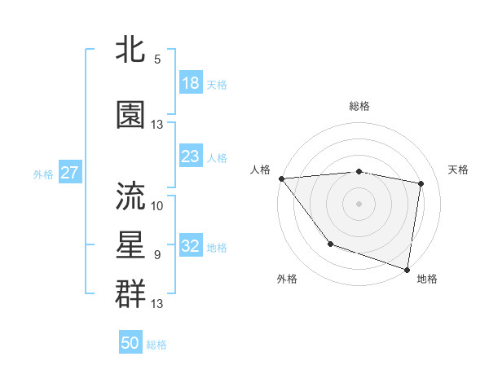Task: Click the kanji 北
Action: (x=131, y=50)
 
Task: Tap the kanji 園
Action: (x=131, y=115)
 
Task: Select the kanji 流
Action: (x=131, y=196)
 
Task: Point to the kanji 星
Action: (x=131, y=244)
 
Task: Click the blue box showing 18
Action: (x=191, y=83)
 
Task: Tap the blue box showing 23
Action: (x=191, y=156)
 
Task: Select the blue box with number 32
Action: (x=191, y=246)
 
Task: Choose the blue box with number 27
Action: (x=70, y=173)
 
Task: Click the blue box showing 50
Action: (x=130, y=343)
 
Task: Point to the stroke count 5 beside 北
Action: (x=157, y=59)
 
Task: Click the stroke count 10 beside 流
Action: (x=157, y=205)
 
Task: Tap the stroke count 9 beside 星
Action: (x=157, y=255)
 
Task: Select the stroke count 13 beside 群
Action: (x=157, y=304)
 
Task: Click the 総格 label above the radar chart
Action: (x=359, y=106)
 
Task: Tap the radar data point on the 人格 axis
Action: (x=281, y=178)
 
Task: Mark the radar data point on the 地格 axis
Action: (x=407, y=268)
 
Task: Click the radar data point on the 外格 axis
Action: (x=330, y=244)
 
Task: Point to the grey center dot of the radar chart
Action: (x=359, y=204)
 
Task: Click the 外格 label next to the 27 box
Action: (x=43, y=174)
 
